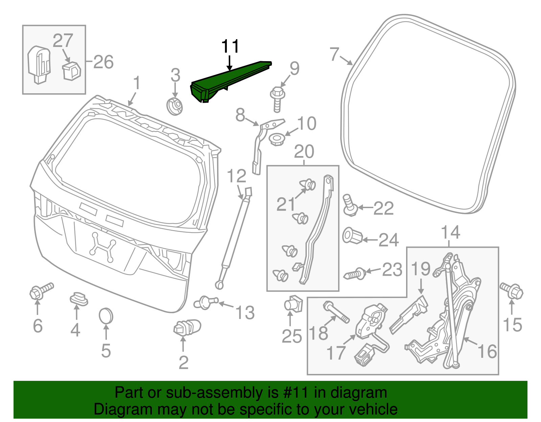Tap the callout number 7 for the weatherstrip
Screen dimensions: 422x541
(334, 54)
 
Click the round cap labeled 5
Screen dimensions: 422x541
(106, 317)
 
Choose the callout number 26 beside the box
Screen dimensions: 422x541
(103, 62)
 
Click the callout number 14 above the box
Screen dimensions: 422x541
(451, 232)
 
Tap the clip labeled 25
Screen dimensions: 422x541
(293, 304)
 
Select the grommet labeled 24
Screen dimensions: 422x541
(352, 236)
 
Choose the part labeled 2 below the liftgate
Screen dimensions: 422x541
(186, 328)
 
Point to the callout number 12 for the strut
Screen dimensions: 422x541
(236, 176)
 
